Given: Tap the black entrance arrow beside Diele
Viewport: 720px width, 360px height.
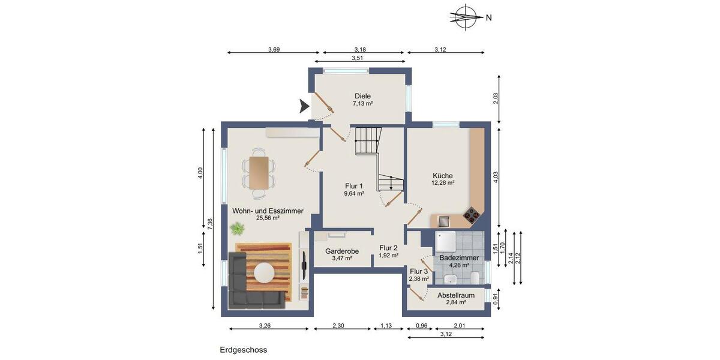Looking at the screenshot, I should pos(304,107).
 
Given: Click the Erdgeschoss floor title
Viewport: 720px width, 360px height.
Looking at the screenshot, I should pos(243,350).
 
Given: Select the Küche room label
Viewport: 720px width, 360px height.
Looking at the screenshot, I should pos(443,176).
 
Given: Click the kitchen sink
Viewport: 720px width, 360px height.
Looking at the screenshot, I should pos(445,220).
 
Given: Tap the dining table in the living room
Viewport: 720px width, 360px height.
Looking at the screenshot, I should pos(259,172).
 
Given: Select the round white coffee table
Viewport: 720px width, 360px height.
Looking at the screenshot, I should pos(266,272).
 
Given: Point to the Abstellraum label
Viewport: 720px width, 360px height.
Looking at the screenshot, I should pos(456,295).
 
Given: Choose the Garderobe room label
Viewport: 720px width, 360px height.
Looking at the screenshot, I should pos(342,251).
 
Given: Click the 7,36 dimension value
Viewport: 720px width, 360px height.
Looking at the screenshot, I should pos(209,221).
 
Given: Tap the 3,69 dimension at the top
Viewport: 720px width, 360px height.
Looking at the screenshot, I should pos(274,49).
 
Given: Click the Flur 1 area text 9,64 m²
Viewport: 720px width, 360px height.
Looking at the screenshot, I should pos(354,194).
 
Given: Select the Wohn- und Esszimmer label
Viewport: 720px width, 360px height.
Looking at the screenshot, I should pos(268,211).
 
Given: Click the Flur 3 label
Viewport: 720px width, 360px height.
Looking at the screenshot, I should pos(418,271).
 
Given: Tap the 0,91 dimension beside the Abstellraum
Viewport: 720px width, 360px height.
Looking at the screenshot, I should pos(496,295).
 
